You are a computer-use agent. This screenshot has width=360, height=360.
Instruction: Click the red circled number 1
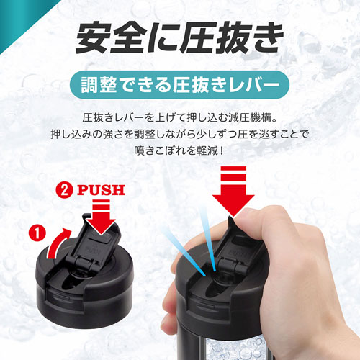click(x=37, y=233)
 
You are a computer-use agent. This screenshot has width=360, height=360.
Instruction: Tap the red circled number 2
click(x=64, y=190)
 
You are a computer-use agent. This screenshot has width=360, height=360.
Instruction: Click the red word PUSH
click(x=101, y=190)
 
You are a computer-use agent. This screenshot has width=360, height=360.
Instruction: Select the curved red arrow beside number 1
click(x=58, y=243)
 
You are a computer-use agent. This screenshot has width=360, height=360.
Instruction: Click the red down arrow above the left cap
click(x=101, y=217)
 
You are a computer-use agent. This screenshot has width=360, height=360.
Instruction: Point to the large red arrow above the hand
click(x=233, y=192)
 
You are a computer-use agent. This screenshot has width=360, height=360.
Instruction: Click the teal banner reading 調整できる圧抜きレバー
click(x=179, y=85)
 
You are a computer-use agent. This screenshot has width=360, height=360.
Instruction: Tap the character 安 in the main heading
click(x=91, y=37)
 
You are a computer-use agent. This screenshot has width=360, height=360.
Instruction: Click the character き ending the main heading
click(x=267, y=37)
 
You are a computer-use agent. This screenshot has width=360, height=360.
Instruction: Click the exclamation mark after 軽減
click(x=222, y=151)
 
